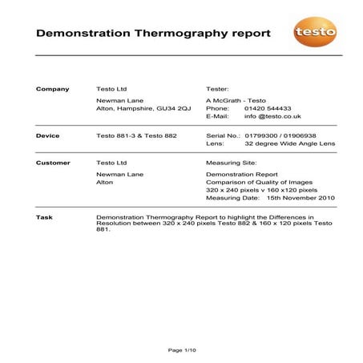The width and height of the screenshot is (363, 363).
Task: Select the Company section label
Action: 53,88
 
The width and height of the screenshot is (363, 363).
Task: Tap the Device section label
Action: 48,135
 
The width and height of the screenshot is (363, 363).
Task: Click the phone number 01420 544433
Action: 268,107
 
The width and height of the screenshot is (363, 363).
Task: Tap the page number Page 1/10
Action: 181,350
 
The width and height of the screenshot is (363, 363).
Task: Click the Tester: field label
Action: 218,88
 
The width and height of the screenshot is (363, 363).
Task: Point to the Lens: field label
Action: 216,145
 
